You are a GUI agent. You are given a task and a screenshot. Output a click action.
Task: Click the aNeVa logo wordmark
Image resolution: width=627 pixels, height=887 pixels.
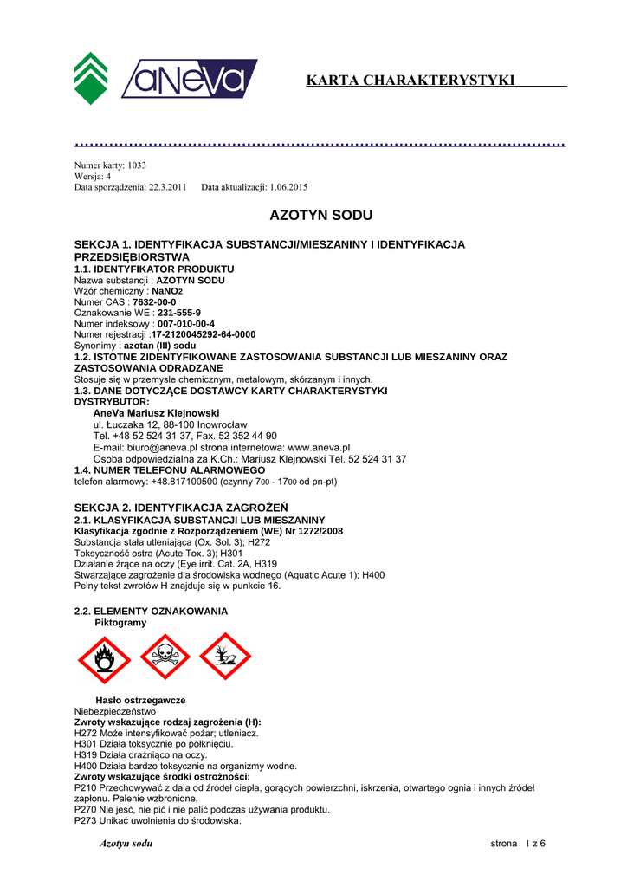tap(190, 78)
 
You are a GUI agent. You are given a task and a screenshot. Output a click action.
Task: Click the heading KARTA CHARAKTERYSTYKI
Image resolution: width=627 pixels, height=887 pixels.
tap(410, 81)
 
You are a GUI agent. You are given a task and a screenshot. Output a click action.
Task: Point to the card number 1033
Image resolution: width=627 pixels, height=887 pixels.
tap(137, 165)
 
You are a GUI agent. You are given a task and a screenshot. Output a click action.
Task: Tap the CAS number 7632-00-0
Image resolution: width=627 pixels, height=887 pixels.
tap(154, 302)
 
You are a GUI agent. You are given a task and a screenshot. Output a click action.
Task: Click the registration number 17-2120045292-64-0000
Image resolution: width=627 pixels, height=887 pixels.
tap(204, 334)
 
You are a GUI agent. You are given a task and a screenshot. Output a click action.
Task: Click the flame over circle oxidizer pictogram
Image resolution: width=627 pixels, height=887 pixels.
tap(104, 657)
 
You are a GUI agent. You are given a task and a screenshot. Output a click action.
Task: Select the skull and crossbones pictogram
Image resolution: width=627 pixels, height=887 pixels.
tap(165, 657)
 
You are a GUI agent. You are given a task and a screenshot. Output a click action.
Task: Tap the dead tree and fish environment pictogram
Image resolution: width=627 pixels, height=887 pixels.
tap(225, 657)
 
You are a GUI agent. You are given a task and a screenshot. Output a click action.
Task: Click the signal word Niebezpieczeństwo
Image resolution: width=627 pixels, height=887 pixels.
tap(115, 711)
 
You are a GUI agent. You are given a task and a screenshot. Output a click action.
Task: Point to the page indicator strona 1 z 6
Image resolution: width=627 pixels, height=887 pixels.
tap(518, 844)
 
